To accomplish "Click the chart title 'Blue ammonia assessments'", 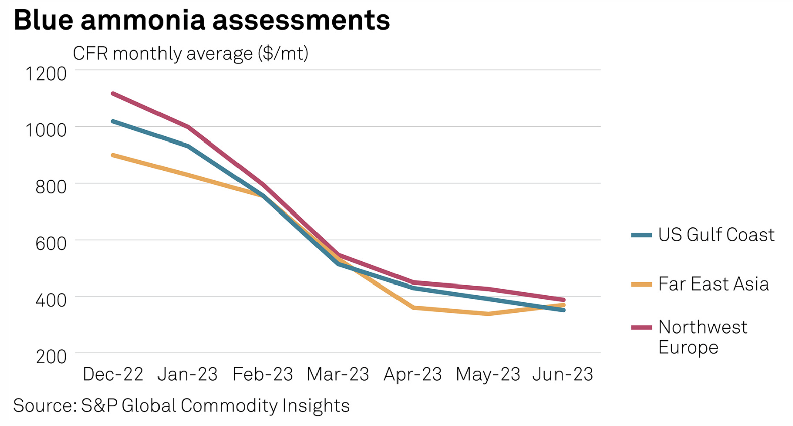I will pos(201,20).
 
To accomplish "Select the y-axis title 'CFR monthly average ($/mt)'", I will pos(191,53).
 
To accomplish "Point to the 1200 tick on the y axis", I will pos(46,74).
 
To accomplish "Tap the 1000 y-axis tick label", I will pos(46,130).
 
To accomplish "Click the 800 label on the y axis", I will pos(51,187).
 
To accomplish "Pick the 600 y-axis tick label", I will pos(51,244).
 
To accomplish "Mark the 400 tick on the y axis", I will pos(51,300).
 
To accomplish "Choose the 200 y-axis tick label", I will pos(51,357).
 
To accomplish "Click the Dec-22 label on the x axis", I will pos(113,374).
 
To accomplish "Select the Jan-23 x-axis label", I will pos(188,374).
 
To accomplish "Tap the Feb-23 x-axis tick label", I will pos(263,374).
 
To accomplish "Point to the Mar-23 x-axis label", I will pos(338,374).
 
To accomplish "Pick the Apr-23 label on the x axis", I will pos(413,374).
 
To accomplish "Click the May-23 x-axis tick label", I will pos(488,374).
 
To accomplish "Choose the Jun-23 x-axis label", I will pos(563,374).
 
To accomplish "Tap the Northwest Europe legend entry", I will pos(702,337).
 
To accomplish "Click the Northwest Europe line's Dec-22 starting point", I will pos(113,93).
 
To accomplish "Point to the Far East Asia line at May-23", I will pos(488,314).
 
